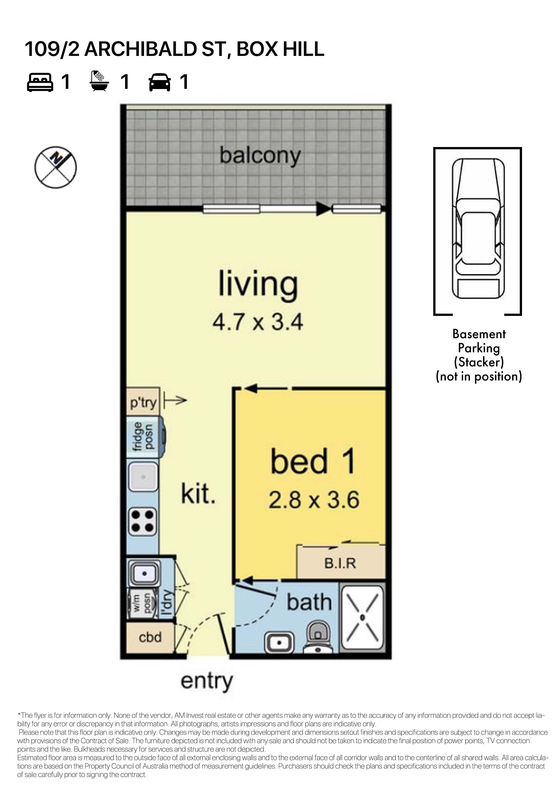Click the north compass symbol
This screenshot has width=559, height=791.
[x=55, y=168]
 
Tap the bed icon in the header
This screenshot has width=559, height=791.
[x=40, y=82]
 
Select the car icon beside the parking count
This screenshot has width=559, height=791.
[x=159, y=82]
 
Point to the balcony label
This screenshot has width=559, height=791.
[x=260, y=156]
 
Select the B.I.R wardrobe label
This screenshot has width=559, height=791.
[x=340, y=563]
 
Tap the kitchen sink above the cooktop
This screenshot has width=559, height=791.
[x=143, y=477]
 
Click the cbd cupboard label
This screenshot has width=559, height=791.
[x=150, y=637]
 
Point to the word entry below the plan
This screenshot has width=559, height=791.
[x=207, y=681]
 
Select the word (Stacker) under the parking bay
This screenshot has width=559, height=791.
[x=479, y=362]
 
